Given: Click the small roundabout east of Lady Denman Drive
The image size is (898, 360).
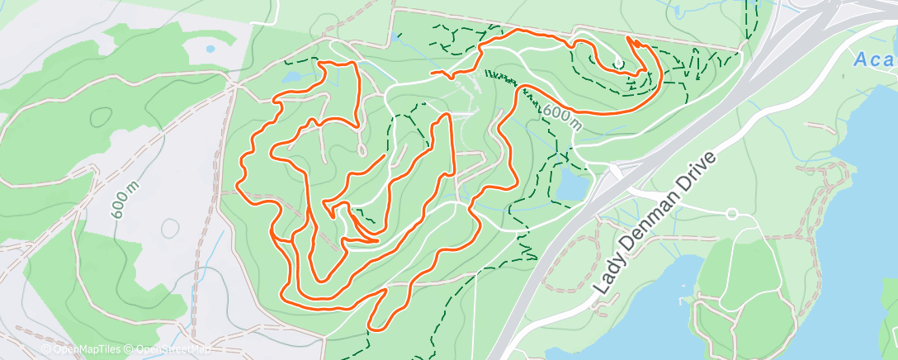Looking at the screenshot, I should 731,214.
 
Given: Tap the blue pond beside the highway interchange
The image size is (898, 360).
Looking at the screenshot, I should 571,188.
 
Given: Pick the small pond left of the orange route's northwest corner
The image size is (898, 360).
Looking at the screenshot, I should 293,77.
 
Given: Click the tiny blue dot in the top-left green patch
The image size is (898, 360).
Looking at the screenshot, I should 210,50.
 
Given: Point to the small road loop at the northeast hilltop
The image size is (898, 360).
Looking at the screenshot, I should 618,61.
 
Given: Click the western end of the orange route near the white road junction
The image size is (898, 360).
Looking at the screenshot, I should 432,73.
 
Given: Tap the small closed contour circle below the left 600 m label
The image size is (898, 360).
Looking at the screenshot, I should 172,227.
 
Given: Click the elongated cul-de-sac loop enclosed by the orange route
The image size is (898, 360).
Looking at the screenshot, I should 362,149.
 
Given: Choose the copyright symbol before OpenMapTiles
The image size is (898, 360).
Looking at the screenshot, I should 45,349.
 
